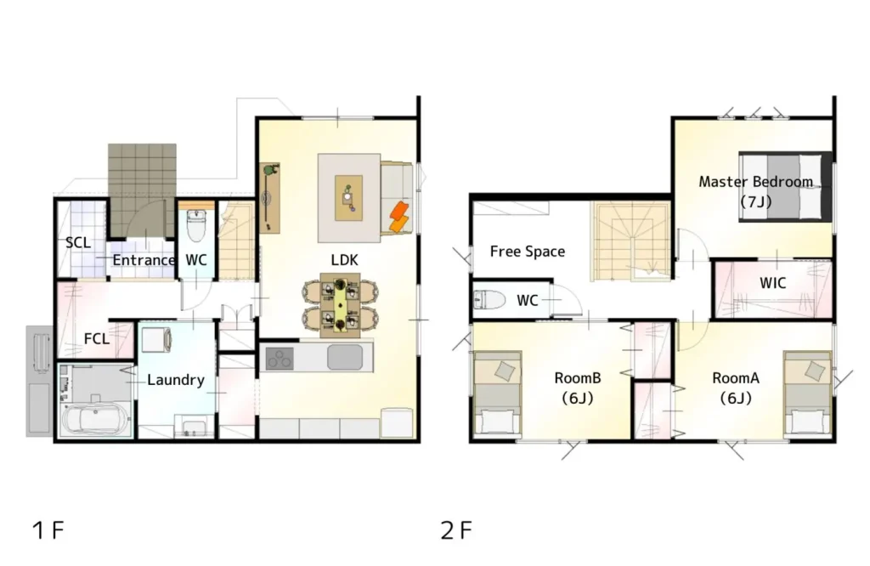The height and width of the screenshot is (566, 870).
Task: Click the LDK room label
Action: tap(344, 260)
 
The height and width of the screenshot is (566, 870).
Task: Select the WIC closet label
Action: tap(772, 283)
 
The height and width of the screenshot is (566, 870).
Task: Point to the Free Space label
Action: tap(527, 252)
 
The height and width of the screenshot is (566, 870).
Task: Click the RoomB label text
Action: tap(577, 378)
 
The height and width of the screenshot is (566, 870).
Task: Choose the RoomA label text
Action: tap(735, 378)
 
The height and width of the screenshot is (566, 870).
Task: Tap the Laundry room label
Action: tap(176, 380)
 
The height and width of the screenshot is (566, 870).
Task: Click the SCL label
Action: tap(77, 242)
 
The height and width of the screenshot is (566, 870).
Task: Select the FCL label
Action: tap(97, 338)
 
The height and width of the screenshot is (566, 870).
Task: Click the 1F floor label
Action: tap(48, 530)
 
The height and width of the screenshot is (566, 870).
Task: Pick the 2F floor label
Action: tap(456, 530)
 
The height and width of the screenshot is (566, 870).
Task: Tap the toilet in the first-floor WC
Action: tap(196, 225)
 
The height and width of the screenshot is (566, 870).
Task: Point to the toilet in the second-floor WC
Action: tap(489, 300)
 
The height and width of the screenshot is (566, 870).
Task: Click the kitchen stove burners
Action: tap(280, 358)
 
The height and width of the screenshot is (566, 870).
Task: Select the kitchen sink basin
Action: tap(345, 357)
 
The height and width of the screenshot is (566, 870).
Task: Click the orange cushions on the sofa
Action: tap(399, 217)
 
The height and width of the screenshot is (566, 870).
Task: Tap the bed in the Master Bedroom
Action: tap(785, 186)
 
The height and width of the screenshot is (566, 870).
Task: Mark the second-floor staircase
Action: tap(631, 241)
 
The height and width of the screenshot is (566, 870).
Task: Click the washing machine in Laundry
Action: tap(156, 340)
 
